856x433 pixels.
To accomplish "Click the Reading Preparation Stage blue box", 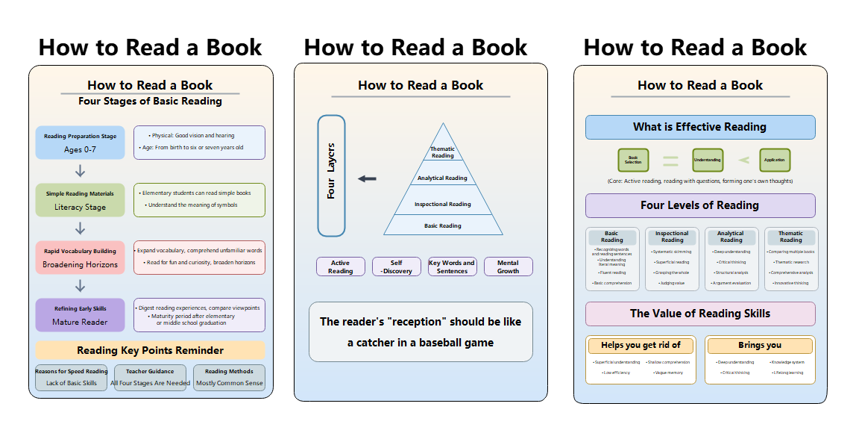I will tap(80, 143).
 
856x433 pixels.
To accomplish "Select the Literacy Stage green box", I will tap(80, 200).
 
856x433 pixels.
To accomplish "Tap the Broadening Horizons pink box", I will tap(80, 258).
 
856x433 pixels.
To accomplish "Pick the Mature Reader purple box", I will tap(80, 315).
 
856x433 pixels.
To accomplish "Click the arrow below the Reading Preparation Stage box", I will tap(81, 171).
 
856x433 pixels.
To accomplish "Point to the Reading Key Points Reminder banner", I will tap(150, 350).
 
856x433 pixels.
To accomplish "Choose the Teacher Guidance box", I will tap(150, 377).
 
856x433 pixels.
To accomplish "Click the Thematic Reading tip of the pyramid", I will tap(443, 152).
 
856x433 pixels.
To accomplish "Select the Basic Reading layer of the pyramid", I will tap(443, 225).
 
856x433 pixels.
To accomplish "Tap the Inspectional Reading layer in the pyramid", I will tap(443, 203).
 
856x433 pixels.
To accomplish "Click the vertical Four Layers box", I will tap(331, 175).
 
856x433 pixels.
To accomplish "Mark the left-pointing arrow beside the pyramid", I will tap(367, 178).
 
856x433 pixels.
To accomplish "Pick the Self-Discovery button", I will tap(397, 267).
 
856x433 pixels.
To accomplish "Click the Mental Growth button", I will tap(509, 267).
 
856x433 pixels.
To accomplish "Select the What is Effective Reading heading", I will tap(699, 127).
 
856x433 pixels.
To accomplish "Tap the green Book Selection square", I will tap(633, 160).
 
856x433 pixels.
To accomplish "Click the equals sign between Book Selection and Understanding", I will tap(670, 160).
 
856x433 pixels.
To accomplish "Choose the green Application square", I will tap(775, 160).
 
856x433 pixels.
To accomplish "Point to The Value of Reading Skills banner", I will tap(699, 314).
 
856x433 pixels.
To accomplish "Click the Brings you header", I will tap(760, 346).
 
